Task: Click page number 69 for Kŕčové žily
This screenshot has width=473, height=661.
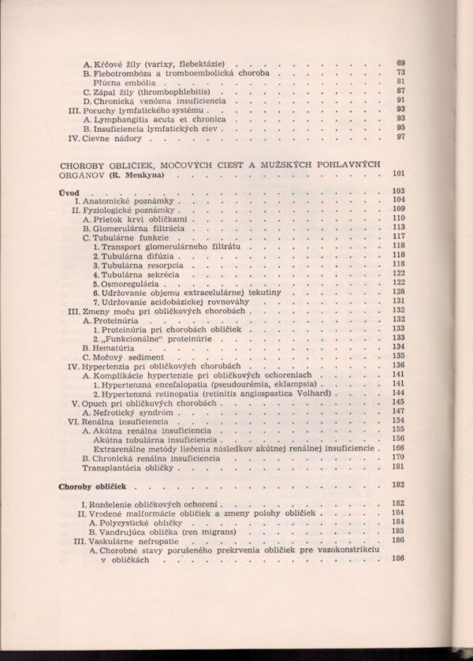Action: click(400, 63)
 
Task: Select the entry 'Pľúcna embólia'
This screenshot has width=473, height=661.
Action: click(124, 82)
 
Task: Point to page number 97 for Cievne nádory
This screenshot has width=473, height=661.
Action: click(400, 137)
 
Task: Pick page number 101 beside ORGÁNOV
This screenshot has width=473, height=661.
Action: click(397, 174)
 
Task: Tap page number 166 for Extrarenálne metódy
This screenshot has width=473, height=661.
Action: click(398, 447)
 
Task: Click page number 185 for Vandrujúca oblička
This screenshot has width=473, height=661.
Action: click(398, 532)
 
